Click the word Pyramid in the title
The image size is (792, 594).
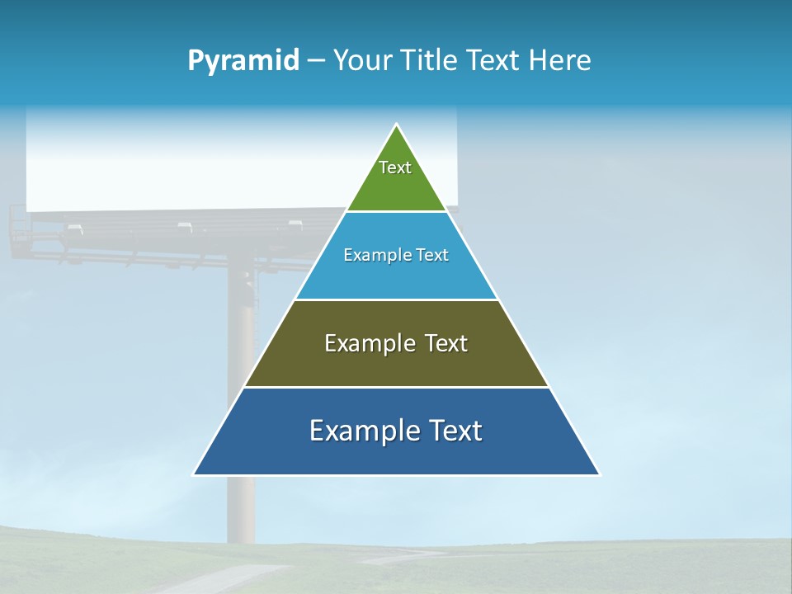(x=243, y=61)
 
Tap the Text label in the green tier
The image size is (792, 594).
(x=395, y=167)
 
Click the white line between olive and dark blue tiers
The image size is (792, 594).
(x=396, y=387)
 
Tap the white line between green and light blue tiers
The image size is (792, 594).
(x=396, y=212)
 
